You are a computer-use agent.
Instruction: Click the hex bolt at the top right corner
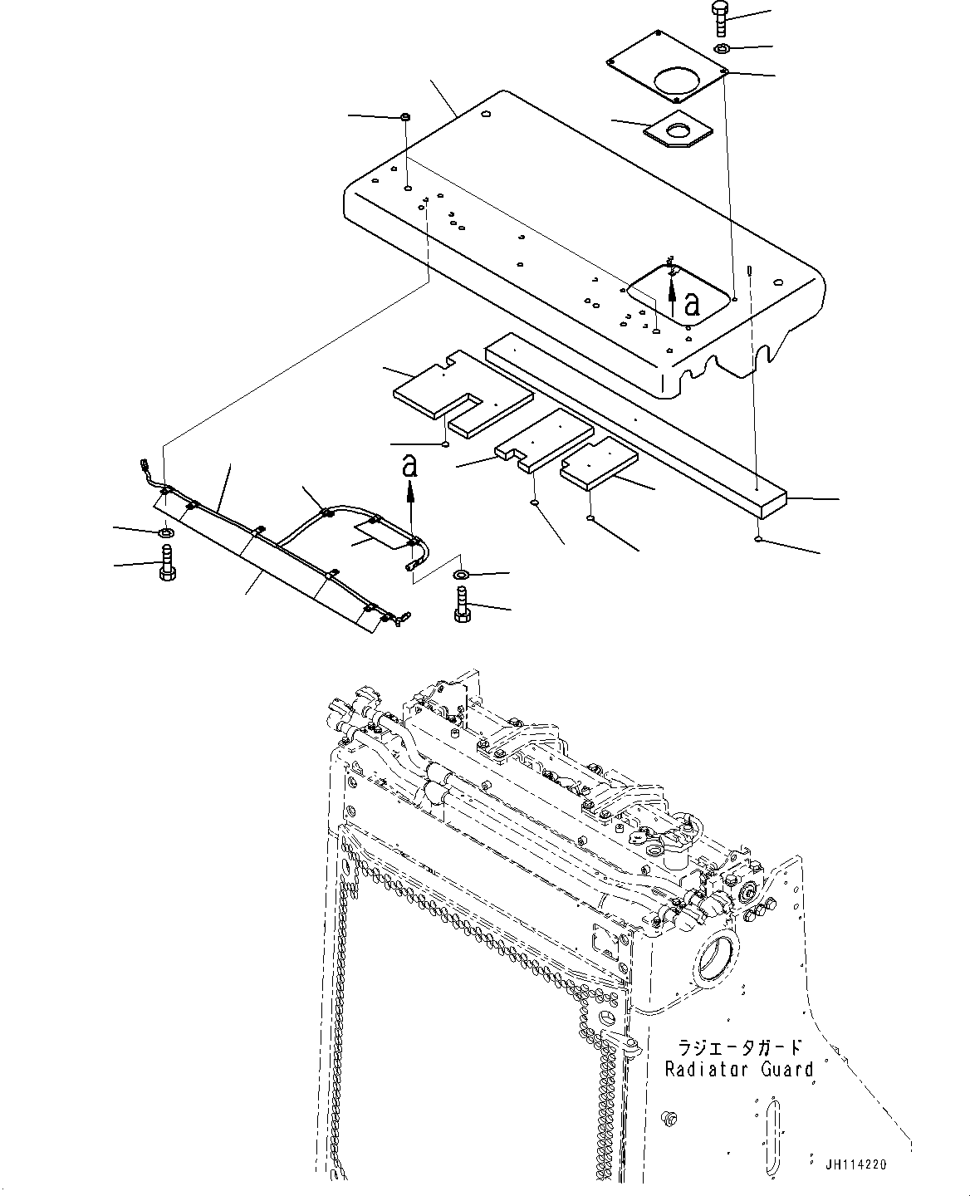tap(719, 18)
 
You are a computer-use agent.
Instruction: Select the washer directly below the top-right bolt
tap(723, 50)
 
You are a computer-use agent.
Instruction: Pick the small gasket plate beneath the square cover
tap(678, 132)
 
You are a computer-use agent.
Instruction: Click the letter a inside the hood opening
tap(691, 306)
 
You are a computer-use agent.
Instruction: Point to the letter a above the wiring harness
tap(409, 467)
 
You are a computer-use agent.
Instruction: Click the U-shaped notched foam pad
tap(461, 393)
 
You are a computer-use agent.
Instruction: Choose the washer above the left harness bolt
tap(165, 532)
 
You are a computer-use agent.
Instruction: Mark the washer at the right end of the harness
tap(462, 575)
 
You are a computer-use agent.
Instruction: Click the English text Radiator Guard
tap(739, 1069)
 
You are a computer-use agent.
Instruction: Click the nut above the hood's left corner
tap(404, 116)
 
